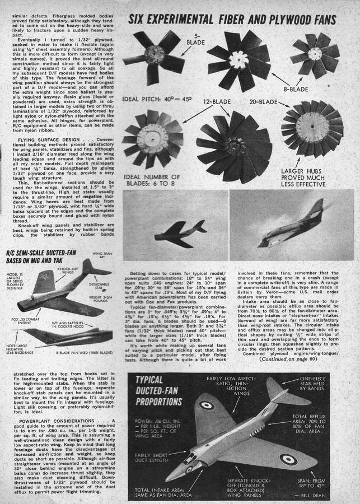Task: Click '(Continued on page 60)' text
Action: (x=288, y=358)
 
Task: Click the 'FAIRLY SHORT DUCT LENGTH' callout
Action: (x=146, y=458)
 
